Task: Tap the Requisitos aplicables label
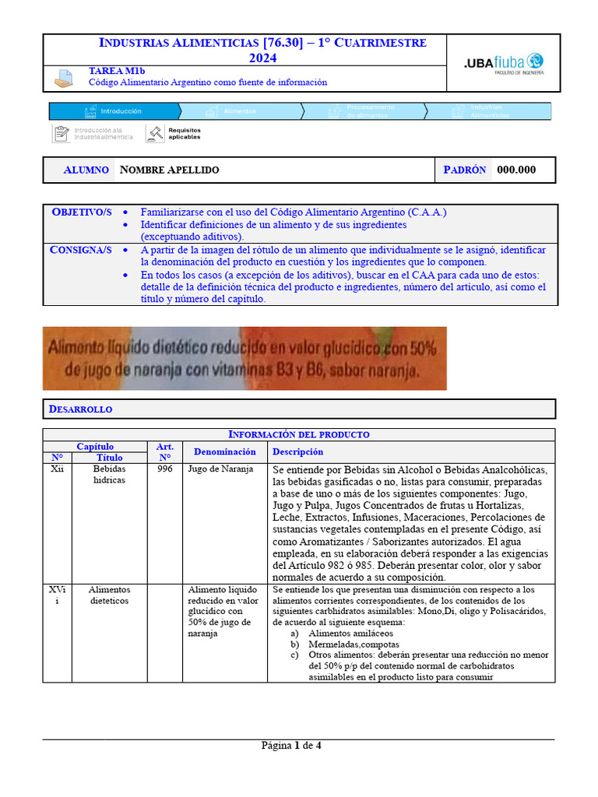tap(184, 134)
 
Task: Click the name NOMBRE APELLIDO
tap(170, 170)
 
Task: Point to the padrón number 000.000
tap(516, 170)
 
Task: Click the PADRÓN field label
tap(465, 170)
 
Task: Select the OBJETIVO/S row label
tap(82, 212)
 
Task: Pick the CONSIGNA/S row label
tap(82, 251)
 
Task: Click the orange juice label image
tap(244, 358)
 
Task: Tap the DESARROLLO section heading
tap(81, 409)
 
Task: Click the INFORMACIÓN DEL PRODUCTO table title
tap(298, 434)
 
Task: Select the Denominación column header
tap(224, 451)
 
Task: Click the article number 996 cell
tap(165, 470)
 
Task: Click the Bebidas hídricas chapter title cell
tap(109, 475)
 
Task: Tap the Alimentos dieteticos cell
tap(109, 595)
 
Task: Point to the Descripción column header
tap(298, 451)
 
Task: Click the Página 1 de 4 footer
tap(291, 746)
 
